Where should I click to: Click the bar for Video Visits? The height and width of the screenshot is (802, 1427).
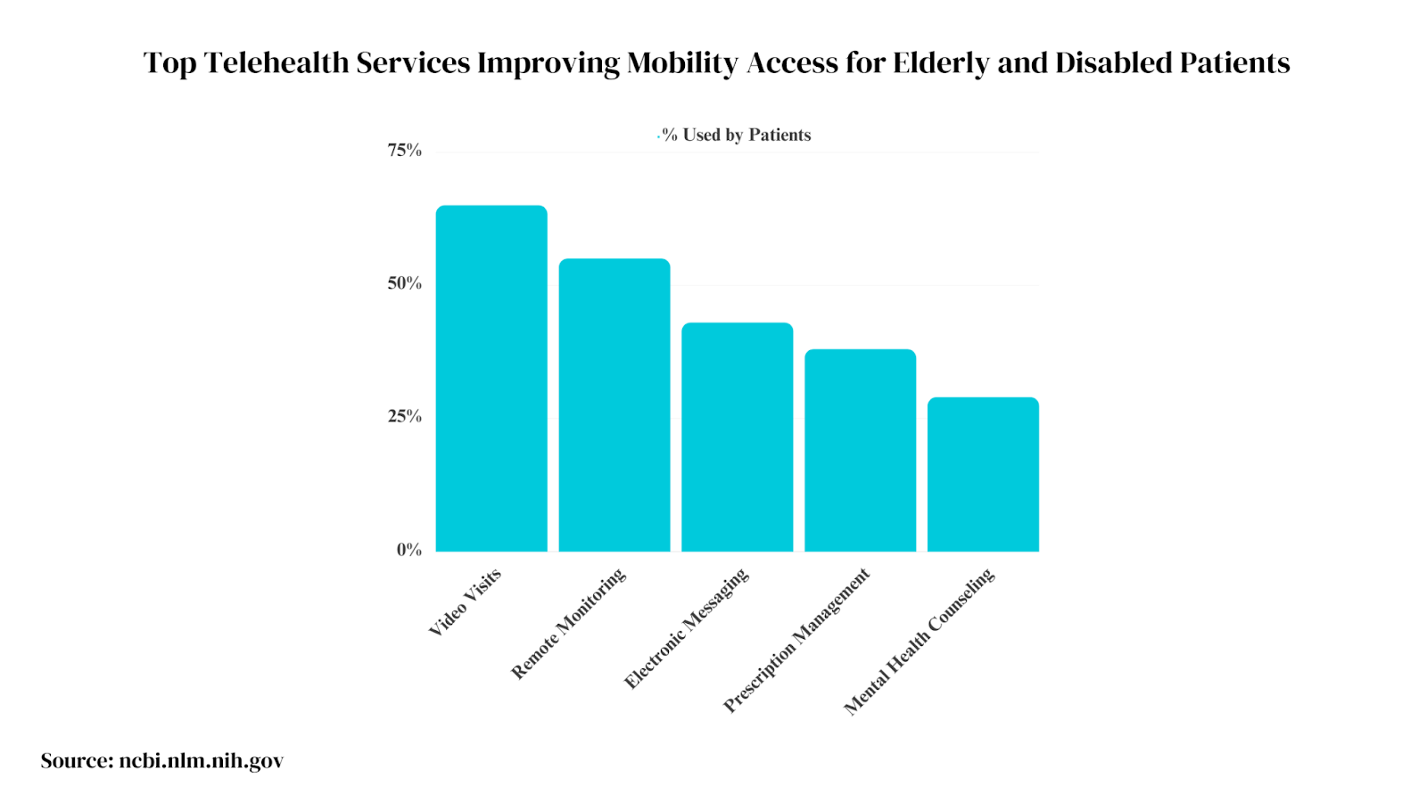point(491,379)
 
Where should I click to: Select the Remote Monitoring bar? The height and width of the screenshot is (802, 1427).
point(615,405)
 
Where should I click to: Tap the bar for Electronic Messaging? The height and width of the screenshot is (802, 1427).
point(737,438)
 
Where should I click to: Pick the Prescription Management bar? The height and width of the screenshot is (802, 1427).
point(860,451)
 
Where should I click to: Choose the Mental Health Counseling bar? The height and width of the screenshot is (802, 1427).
point(983,475)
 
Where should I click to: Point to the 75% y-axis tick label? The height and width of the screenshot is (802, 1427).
point(404,151)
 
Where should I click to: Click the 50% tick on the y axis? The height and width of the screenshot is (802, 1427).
point(404,283)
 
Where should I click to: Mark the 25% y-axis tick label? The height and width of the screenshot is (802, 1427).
point(404,416)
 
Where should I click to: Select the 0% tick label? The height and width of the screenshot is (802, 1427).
point(409,550)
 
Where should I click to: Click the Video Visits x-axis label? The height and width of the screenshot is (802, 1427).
point(466,602)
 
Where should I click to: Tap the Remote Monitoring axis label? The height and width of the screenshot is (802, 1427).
point(568,624)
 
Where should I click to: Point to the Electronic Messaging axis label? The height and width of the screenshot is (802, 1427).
point(687,629)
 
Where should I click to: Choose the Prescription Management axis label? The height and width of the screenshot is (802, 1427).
point(796,641)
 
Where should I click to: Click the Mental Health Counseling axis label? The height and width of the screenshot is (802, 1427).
point(919,642)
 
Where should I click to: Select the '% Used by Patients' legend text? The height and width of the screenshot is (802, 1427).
point(737,135)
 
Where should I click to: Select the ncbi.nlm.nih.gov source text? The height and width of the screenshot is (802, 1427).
point(202,761)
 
